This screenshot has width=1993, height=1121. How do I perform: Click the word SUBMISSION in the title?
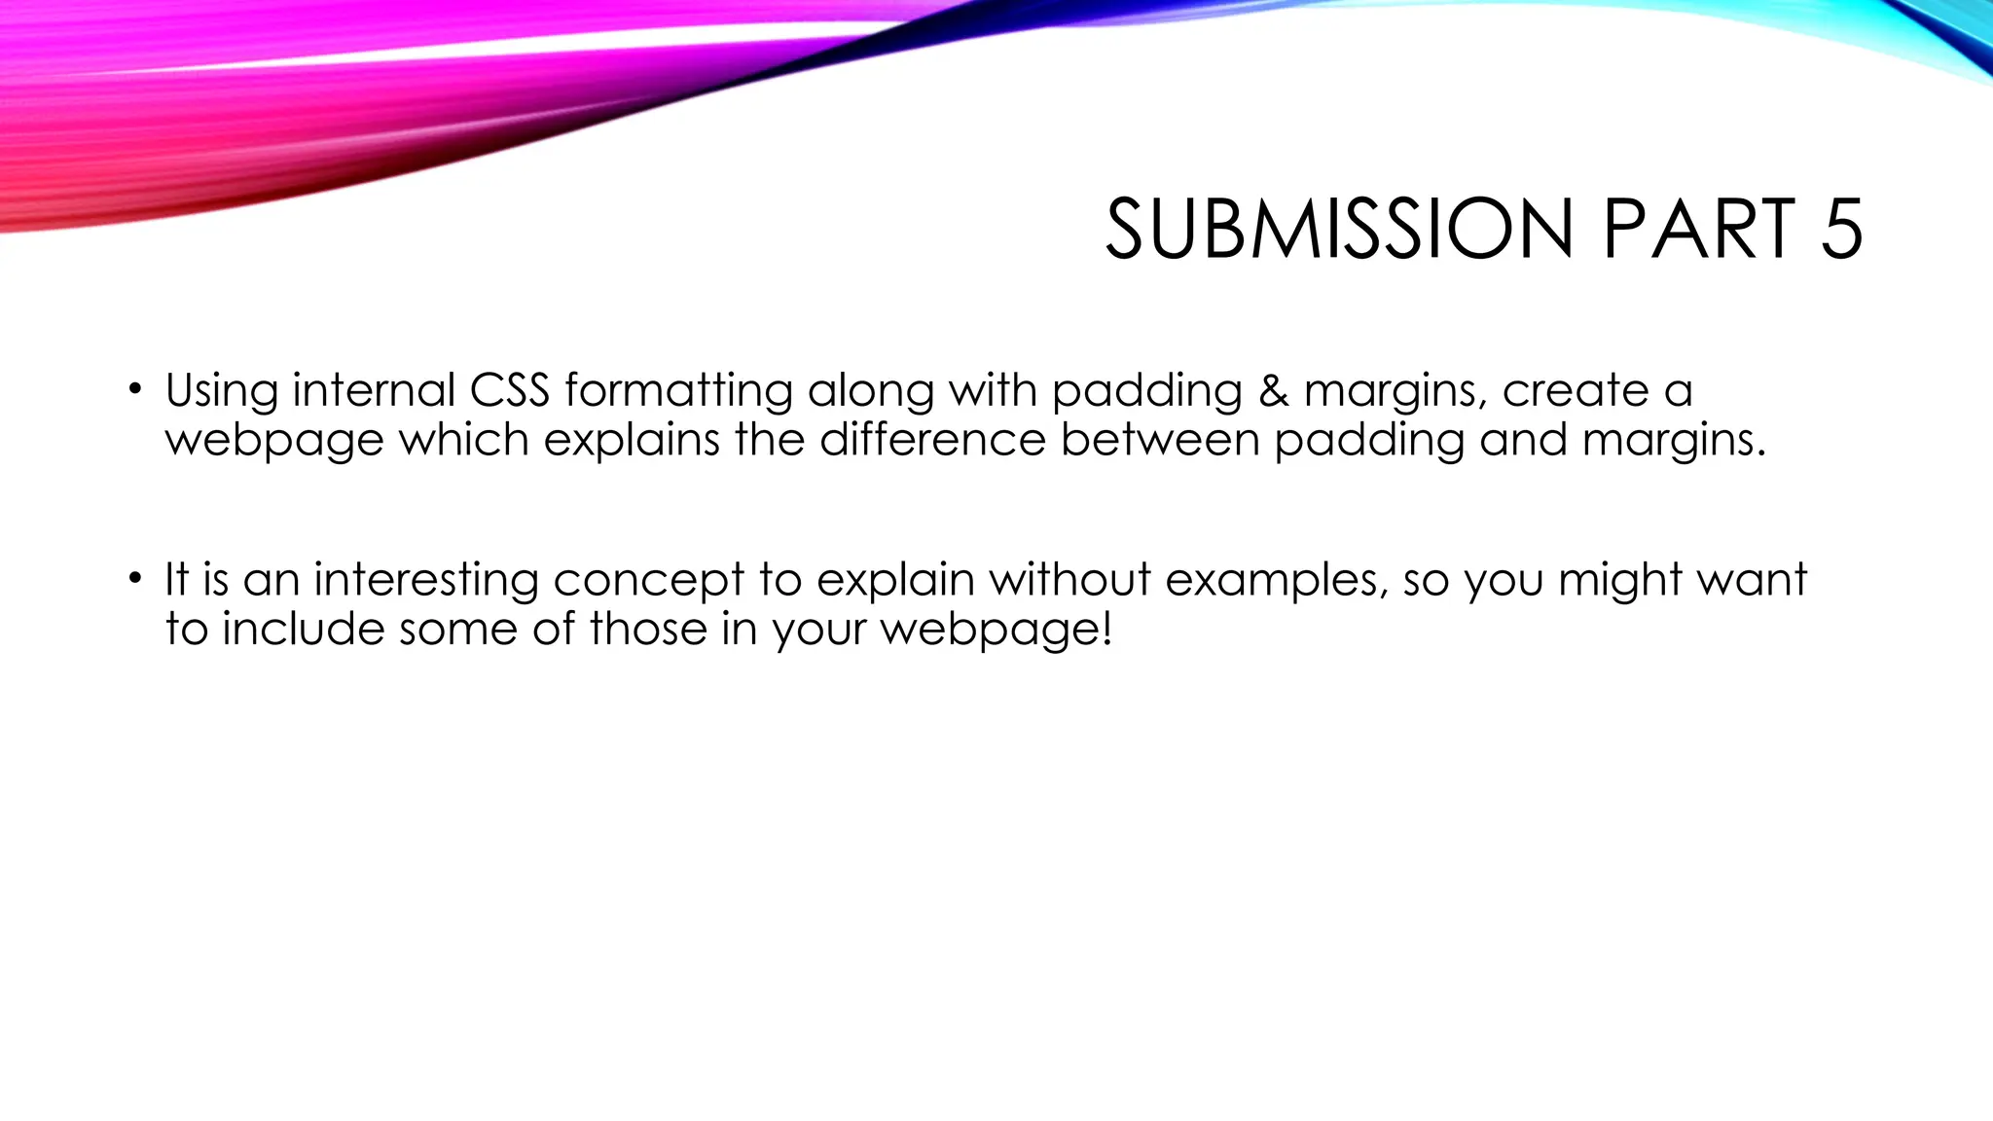1339,230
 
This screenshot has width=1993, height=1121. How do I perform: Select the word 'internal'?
374,391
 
